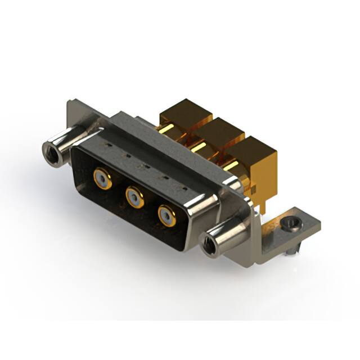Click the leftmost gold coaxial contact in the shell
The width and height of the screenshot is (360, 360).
point(101,179)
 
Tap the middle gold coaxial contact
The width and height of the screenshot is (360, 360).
point(134,196)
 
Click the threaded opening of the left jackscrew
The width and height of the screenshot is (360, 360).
point(50,150)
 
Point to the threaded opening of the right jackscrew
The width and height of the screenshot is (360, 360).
point(208,245)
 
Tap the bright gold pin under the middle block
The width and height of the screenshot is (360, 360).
point(200,147)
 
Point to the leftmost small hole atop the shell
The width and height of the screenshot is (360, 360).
point(106,145)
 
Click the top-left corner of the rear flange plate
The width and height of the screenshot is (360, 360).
point(68,103)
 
